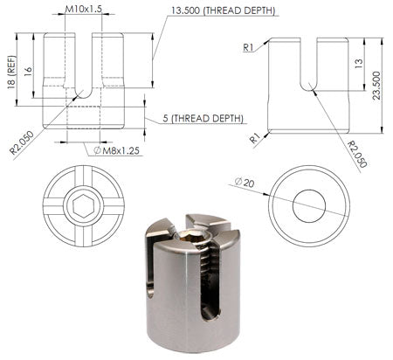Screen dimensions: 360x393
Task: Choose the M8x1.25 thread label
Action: coord(117,151)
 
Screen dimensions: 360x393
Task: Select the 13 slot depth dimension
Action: coord(360,63)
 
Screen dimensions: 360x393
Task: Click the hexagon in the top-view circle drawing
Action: coord(83,207)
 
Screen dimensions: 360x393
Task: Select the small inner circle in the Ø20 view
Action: coord(308,206)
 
